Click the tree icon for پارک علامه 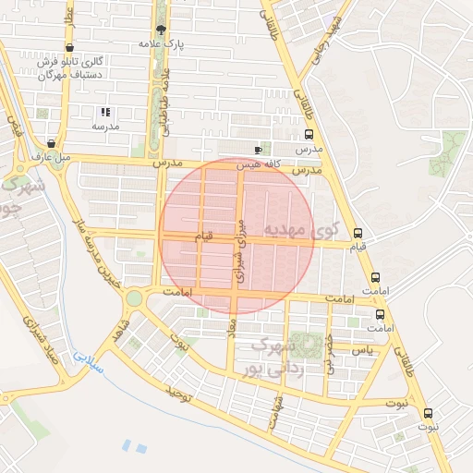click(162, 30)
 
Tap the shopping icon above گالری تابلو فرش click(70, 47)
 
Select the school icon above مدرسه click(104, 111)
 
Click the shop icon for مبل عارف click(50, 143)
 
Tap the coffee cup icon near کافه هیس click(258, 150)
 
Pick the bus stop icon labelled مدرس click(308, 132)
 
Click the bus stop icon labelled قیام click(358, 233)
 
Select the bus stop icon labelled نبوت click(427, 413)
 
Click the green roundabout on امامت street click(136, 297)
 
